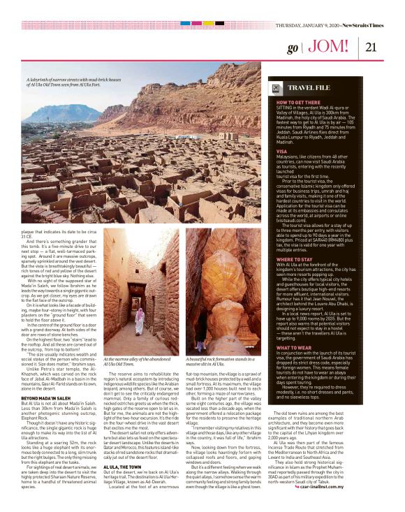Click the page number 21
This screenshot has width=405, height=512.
[x=371, y=47]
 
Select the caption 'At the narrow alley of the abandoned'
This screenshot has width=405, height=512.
[x=135, y=379]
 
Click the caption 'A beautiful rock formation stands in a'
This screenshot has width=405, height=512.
[x=221, y=379]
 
